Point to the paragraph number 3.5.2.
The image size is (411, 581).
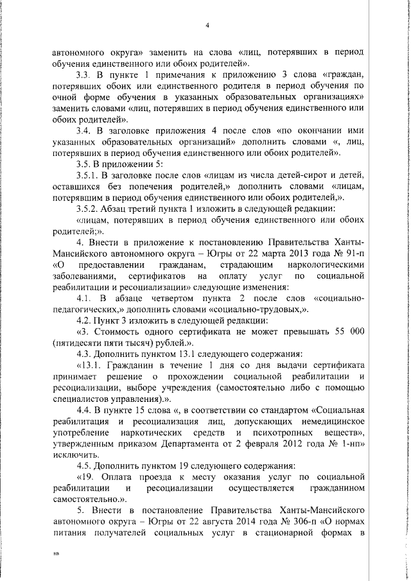[89, 208]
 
